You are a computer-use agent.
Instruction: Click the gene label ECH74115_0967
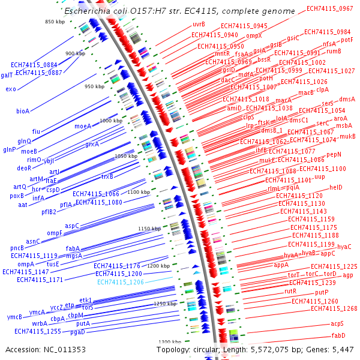329,8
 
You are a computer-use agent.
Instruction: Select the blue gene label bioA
23,111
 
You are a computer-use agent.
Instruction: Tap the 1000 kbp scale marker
110,121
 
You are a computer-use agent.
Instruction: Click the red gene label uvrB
199,24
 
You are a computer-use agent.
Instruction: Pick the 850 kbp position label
55,22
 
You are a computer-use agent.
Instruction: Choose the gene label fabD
338,335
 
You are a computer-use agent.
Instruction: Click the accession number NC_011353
71,349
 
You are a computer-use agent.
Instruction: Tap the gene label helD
335,187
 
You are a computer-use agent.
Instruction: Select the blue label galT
7,76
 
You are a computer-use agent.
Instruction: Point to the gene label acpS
337,323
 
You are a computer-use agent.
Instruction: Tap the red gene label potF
347,40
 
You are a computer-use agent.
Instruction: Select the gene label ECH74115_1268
334,309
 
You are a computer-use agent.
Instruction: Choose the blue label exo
11,89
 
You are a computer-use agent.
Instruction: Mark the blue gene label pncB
17,248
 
